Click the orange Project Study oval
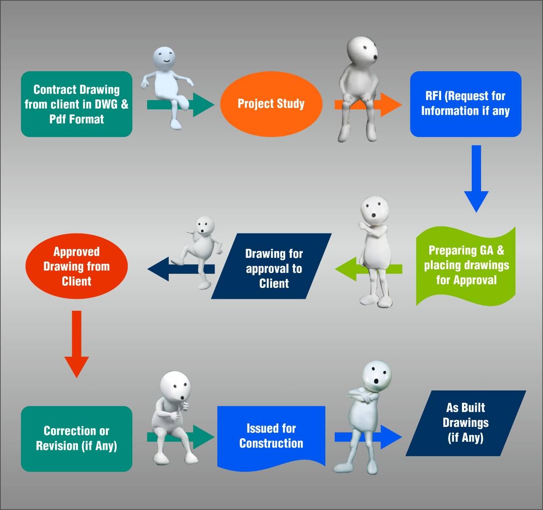click(x=271, y=104)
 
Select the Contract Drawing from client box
click(x=76, y=104)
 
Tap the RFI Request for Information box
click(x=465, y=104)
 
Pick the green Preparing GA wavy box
click(x=466, y=265)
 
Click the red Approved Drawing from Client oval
click(x=76, y=266)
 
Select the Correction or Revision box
click(x=76, y=438)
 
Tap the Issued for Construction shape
click(x=271, y=436)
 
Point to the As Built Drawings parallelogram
click(x=466, y=422)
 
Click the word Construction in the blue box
click(x=271, y=443)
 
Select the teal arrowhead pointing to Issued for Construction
click(x=204, y=437)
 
